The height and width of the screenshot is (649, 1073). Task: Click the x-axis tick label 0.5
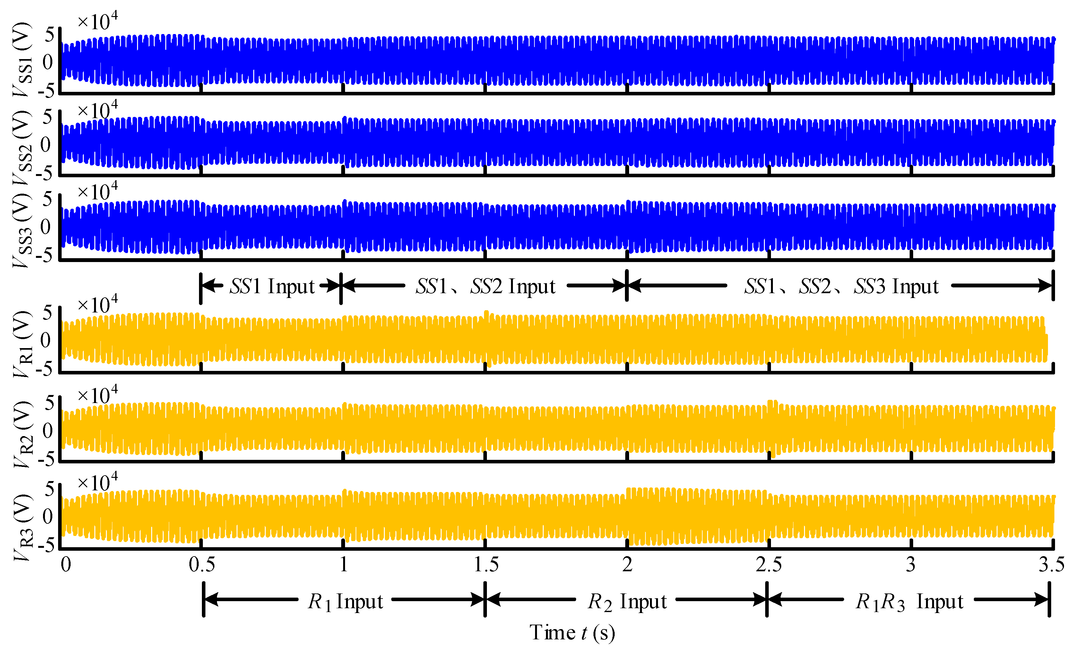pos(202,565)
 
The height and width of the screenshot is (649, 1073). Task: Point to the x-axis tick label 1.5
pos(486,565)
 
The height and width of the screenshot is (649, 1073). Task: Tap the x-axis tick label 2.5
pos(769,565)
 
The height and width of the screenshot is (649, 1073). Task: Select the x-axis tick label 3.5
pos(1051,565)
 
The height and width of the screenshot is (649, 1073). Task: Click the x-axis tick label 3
pos(911,565)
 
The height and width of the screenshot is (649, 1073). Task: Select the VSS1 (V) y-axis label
pos(22,59)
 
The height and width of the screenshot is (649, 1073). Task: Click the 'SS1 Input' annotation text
pos(272,286)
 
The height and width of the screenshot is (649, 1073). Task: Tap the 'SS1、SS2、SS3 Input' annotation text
pos(841,286)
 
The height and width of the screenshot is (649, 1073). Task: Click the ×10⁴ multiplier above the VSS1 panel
pos(98,21)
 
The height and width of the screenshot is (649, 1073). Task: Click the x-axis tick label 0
pos(66,565)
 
